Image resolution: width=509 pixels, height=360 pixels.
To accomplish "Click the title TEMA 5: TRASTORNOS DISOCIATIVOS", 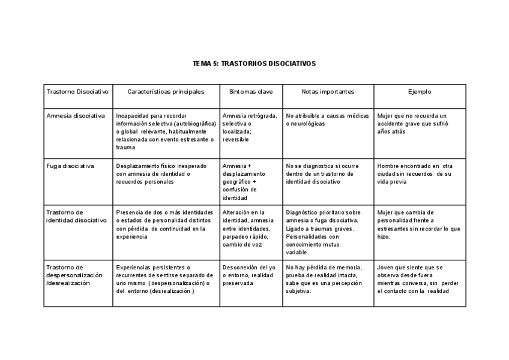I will point(254,63).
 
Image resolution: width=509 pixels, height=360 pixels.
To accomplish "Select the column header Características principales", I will point(166,92).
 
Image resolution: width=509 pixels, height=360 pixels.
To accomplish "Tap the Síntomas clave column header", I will point(251,92).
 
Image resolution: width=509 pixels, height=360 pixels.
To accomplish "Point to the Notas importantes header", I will point(328,92).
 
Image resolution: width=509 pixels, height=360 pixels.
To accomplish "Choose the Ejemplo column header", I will point(420,92).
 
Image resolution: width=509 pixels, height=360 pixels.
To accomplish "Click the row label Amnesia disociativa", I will point(76,116).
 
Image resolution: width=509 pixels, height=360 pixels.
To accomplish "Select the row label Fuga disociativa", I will point(70,166).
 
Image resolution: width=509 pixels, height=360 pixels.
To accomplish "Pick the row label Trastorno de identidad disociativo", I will point(76,216).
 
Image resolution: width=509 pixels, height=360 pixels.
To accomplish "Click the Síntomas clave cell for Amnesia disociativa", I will point(249,127).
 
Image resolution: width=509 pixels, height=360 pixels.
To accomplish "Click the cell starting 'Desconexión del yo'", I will point(249,275).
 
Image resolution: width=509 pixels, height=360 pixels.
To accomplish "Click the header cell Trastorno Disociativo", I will point(77,92).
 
